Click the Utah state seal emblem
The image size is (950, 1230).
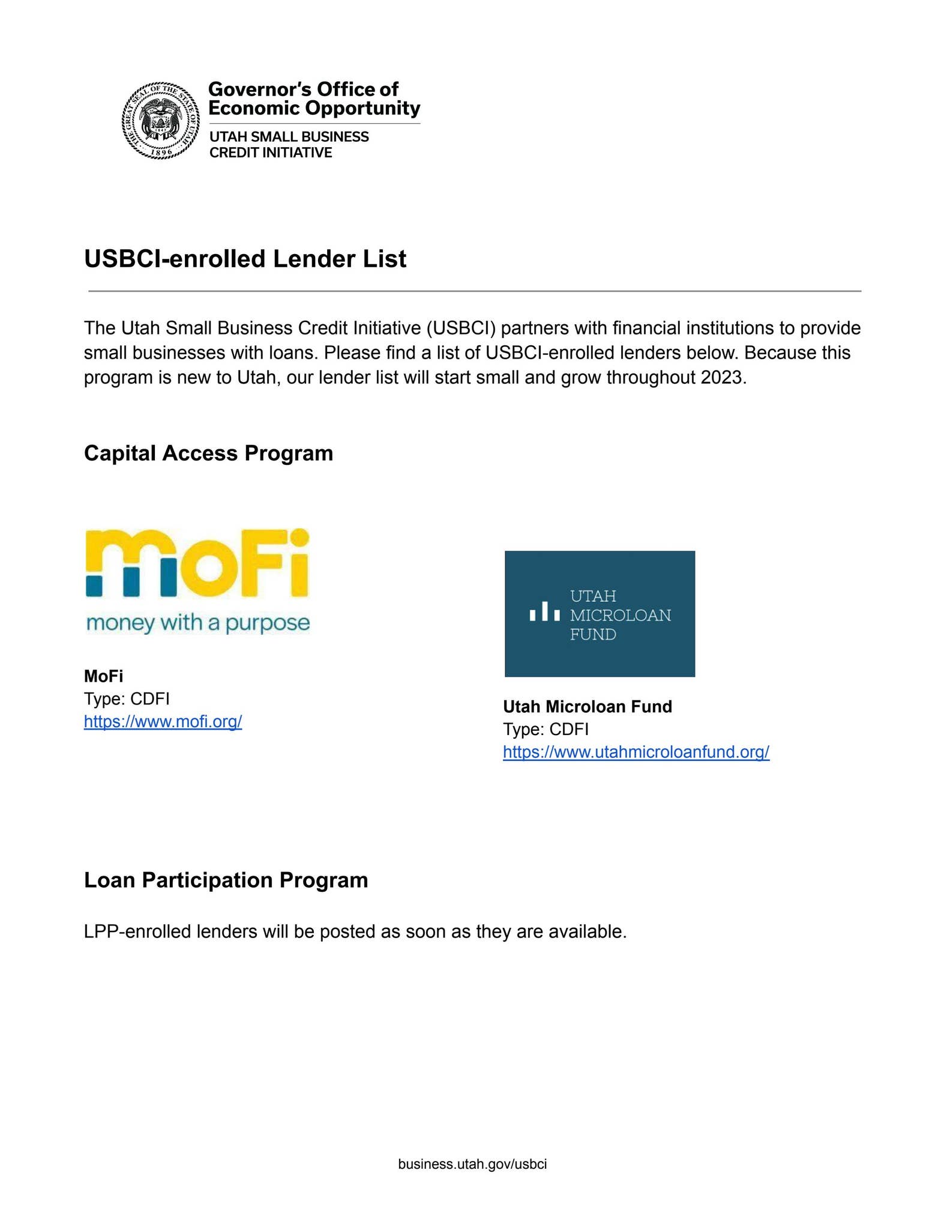click(160, 121)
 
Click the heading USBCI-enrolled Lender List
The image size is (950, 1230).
click(245, 259)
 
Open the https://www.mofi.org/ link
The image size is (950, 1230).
click(163, 721)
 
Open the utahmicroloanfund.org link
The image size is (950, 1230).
click(636, 752)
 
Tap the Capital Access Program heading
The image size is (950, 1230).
click(208, 453)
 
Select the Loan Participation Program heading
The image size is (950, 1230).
click(226, 880)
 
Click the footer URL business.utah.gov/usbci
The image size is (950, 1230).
click(472, 1164)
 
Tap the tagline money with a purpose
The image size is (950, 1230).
click(198, 623)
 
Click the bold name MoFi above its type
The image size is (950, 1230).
click(103, 676)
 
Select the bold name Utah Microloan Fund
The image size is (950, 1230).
click(587, 706)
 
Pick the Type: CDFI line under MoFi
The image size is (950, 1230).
click(127, 699)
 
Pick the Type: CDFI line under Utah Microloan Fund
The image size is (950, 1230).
click(546, 729)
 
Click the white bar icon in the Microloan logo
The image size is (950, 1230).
click(544, 612)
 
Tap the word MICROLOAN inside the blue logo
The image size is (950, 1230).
click(620, 615)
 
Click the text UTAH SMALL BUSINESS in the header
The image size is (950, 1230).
click(289, 137)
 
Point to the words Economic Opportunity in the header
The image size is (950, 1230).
click(314, 108)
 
